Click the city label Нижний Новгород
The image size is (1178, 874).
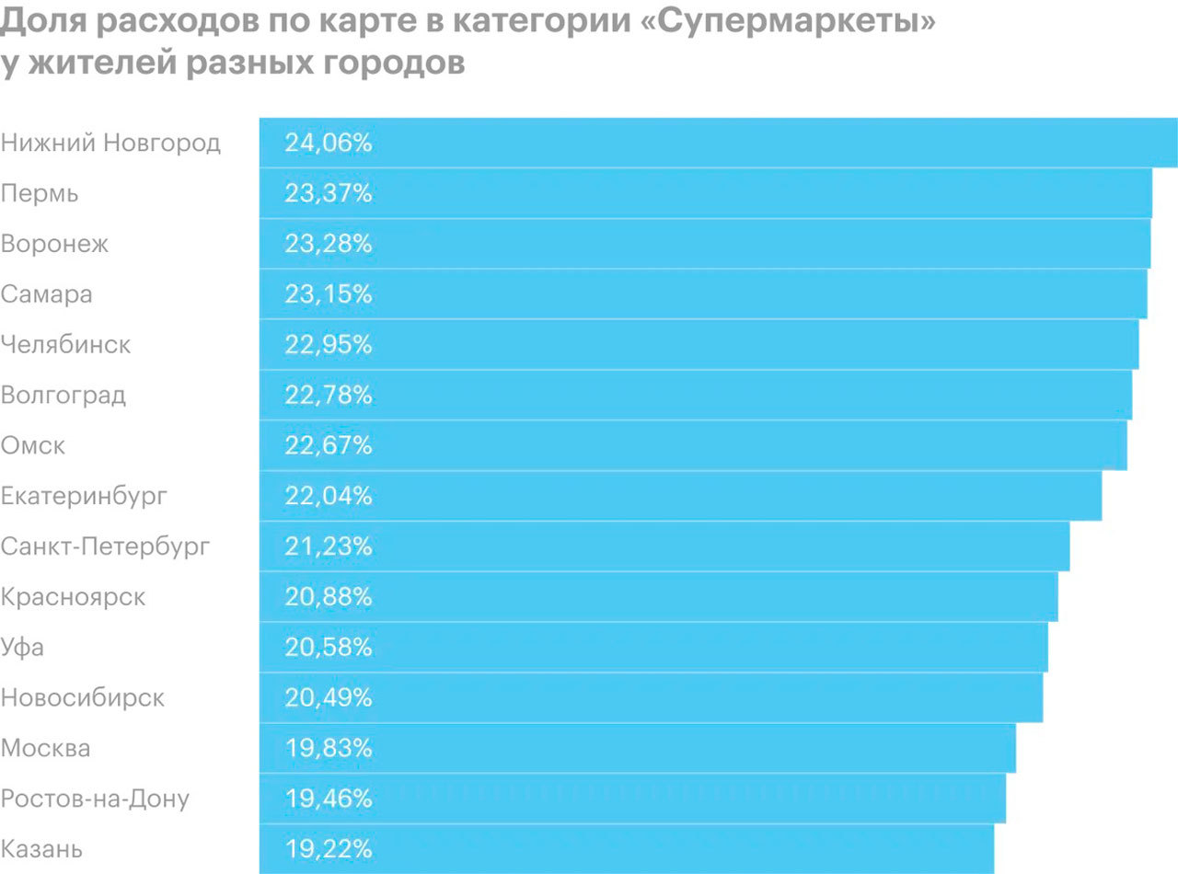pos(110,144)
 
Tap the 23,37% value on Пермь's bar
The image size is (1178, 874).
pos(329,194)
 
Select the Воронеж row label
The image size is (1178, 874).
pos(55,245)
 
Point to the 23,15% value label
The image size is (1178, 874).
pos(329,295)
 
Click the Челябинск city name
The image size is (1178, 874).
pos(66,345)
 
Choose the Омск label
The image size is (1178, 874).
pos(34,446)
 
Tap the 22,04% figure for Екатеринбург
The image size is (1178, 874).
pos(329,497)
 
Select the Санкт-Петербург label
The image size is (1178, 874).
pos(106,547)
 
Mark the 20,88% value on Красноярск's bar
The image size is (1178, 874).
pos(329,597)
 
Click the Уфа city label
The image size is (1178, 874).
pos(23,648)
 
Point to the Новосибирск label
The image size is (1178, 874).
pos(83,698)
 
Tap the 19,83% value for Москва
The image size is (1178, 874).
pos(329,749)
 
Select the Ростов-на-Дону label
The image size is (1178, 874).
pos(95,799)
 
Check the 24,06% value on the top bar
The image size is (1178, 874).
pos(329,144)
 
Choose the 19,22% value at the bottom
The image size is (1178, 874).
pos(329,849)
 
